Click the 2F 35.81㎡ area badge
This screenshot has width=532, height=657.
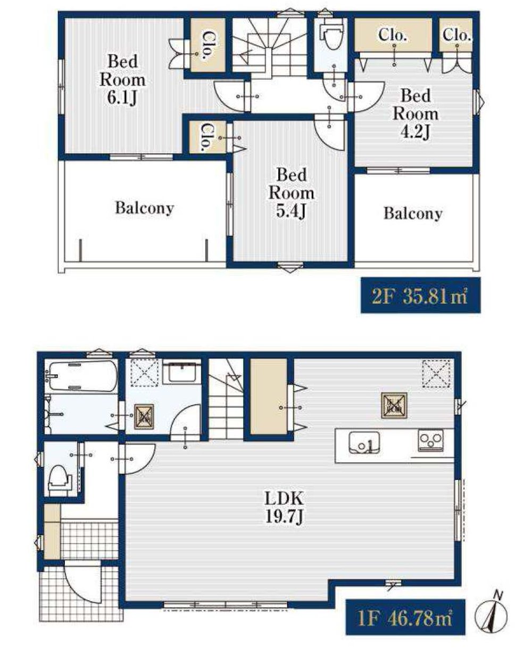pyautogui.click(x=420, y=295)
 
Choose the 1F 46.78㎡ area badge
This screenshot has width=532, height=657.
pyautogui.click(x=405, y=617)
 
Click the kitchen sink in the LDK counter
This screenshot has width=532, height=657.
pyautogui.click(x=364, y=443)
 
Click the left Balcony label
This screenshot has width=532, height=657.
pyautogui.click(x=145, y=208)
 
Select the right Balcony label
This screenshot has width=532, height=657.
pyautogui.click(x=413, y=213)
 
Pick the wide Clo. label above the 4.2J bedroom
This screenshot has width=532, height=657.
pyautogui.click(x=393, y=35)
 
